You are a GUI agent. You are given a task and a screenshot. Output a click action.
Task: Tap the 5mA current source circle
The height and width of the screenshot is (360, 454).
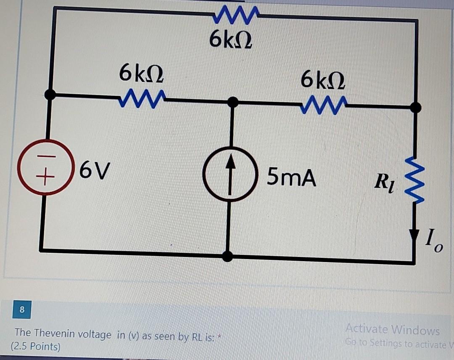pyautogui.click(x=230, y=174)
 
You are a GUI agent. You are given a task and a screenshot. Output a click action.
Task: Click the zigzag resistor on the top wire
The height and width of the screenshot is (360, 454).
pyautogui.click(x=234, y=16)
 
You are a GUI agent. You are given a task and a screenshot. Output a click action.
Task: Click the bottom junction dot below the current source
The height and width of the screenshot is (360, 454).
pyautogui.click(x=227, y=255)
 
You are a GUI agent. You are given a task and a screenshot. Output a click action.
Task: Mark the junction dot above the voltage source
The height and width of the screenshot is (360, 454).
pyautogui.click(x=50, y=95)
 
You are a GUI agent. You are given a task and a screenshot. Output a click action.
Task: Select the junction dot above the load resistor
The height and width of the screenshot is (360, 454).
pyautogui.click(x=415, y=108)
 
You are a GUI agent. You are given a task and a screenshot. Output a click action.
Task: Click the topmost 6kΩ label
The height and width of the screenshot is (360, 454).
pyautogui.click(x=231, y=40)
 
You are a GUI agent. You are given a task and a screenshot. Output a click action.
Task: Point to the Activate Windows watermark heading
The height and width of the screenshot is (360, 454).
pyautogui.click(x=393, y=331)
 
